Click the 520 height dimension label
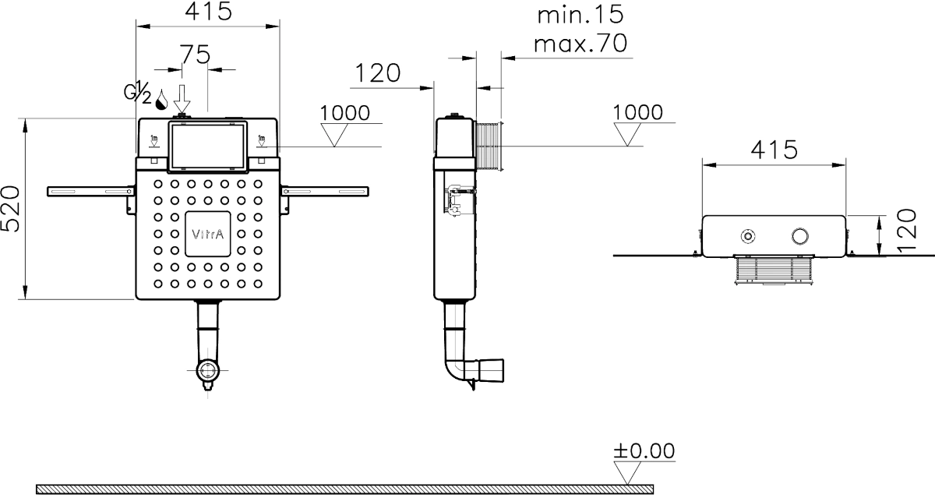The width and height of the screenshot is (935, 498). [10, 209]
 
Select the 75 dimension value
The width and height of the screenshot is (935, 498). [195, 55]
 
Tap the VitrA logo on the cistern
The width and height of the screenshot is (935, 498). [207, 234]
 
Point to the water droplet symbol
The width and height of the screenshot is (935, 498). [161, 100]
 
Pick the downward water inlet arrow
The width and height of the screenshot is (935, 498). [182, 98]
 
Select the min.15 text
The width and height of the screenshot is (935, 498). [580, 15]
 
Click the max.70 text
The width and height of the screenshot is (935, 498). [580, 44]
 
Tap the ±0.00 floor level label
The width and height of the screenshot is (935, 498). [644, 450]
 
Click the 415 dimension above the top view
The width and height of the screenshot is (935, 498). [774, 150]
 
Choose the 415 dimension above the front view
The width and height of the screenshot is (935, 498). [208, 11]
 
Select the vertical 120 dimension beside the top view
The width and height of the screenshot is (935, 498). [907, 231]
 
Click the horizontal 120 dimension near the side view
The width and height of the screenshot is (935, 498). [377, 73]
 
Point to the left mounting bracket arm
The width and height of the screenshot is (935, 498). [90, 192]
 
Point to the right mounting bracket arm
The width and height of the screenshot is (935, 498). [325, 192]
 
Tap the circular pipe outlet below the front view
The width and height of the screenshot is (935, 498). [207, 370]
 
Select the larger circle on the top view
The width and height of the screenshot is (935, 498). [799, 236]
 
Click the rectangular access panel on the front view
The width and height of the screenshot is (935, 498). [207, 147]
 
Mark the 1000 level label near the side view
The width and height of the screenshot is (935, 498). [637, 113]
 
